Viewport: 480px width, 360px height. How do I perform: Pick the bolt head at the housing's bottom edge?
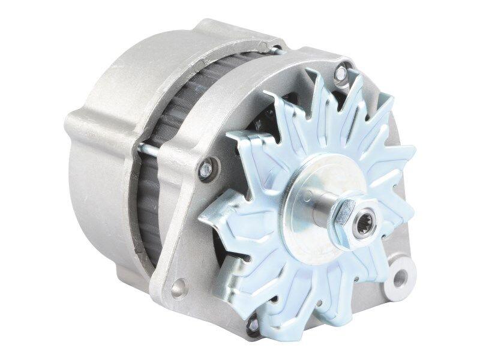(x=253, y=324)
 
